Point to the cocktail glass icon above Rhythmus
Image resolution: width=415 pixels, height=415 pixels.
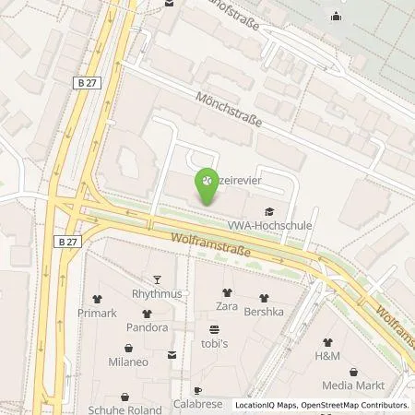click(157, 280)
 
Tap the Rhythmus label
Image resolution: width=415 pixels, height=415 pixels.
click(157, 293)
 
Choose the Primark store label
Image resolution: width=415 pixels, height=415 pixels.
click(96, 313)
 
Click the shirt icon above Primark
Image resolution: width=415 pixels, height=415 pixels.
click(96, 299)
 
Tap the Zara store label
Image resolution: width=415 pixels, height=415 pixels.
click(227, 304)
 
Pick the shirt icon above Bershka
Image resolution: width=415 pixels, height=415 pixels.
click(266, 298)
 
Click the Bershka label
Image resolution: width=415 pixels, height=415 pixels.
click(266, 312)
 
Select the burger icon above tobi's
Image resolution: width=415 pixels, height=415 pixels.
click(215, 328)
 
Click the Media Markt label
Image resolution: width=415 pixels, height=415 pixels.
click(352, 385)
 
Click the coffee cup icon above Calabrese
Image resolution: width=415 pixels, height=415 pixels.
click(196, 391)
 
